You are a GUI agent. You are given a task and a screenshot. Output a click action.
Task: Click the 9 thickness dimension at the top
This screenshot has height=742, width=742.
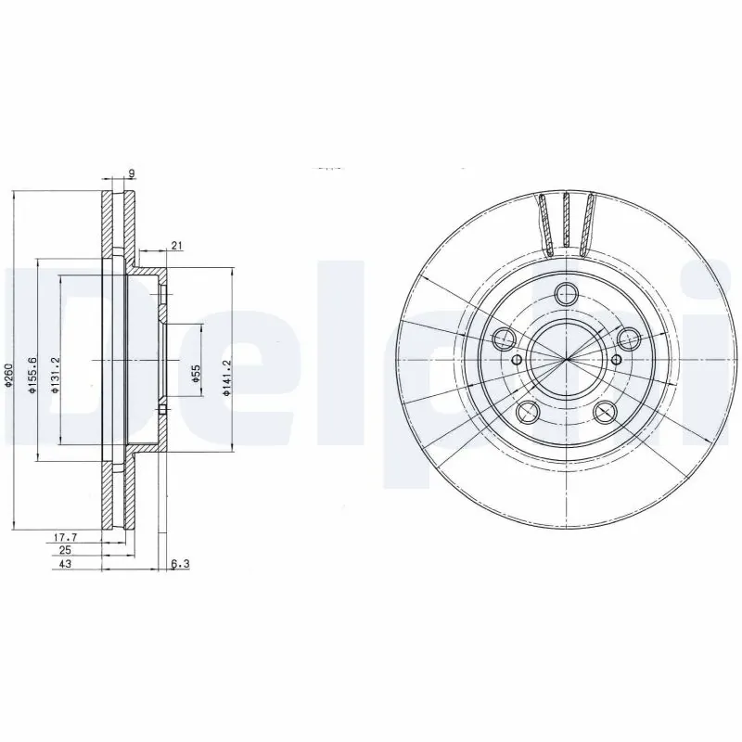pyautogui.click(x=134, y=173)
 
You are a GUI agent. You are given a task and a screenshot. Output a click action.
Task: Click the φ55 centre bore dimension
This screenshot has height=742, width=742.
pyautogui.click(x=197, y=374)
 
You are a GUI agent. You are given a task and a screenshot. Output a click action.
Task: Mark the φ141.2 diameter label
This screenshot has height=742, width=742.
pyautogui.click(x=225, y=378)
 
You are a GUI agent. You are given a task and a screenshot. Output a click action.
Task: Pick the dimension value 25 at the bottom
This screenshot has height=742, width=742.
pyautogui.click(x=66, y=549)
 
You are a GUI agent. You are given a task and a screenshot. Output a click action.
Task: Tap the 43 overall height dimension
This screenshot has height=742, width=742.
pyautogui.click(x=64, y=563)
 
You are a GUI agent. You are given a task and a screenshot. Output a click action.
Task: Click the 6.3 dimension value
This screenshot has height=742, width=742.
pyautogui.click(x=180, y=563)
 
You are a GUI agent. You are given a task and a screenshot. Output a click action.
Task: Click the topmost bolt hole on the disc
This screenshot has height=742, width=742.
pyautogui.click(x=565, y=294)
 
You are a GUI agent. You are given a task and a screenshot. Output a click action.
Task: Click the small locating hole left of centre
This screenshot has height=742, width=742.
pyautogui.click(x=517, y=358)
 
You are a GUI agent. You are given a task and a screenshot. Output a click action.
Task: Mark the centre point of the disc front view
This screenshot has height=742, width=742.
pyautogui.click(x=566, y=359)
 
